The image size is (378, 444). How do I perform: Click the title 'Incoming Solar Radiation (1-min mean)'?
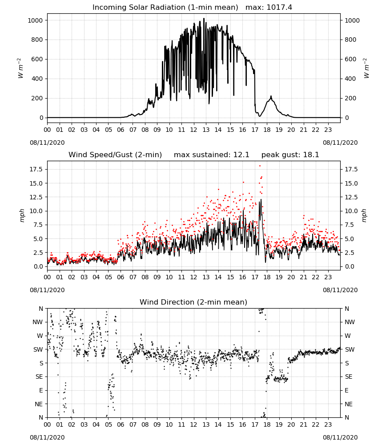pyautogui.click(x=165, y=8)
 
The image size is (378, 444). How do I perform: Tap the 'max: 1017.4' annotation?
pyautogui.click(x=269, y=8)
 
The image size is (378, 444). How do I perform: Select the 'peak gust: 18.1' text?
pyautogui.click(x=290, y=155)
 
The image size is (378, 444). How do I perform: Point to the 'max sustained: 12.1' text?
pyautogui.click(x=212, y=155)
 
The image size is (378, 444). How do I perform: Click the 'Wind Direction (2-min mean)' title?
pyautogui.click(x=193, y=302)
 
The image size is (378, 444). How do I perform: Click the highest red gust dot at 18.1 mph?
pyautogui.click(x=260, y=166)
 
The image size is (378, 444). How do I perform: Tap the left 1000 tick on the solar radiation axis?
pyautogui.click(x=35, y=20)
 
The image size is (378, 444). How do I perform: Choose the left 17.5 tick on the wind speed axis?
pyautogui.click(x=36, y=169)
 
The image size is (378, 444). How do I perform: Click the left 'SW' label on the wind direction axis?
pyautogui.click(x=38, y=349)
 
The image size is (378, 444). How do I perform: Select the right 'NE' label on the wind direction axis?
pyautogui.click(x=349, y=404)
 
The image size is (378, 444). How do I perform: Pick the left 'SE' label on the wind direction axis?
pyautogui.click(x=39, y=377)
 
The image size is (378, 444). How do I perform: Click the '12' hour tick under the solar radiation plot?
pyautogui.click(x=193, y=130)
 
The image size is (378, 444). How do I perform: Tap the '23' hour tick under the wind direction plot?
pyautogui.click(x=328, y=424)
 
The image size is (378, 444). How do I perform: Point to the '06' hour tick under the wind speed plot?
pyautogui.click(x=121, y=277)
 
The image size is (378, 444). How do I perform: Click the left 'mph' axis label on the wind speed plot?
pyautogui.click(x=22, y=216)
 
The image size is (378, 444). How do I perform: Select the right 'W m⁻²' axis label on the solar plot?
pyautogui.click(x=366, y=68)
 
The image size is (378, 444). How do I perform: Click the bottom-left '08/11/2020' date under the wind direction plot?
pyautogui.click(x=47, y=437)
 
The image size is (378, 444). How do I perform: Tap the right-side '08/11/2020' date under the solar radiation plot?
pyautogui.click(x=340, y=143)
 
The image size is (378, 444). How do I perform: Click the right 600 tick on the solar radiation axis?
pyautogui.click(x=350, y=59)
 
